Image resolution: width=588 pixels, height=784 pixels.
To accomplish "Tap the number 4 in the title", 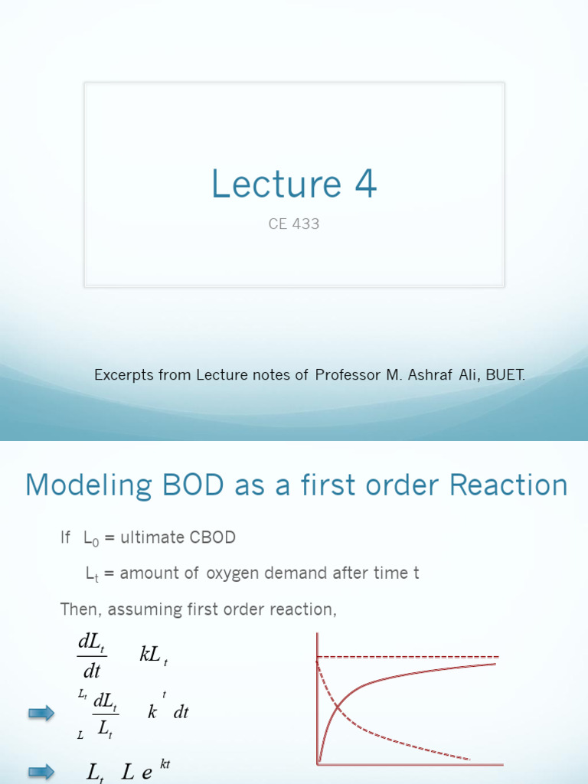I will [x=364, y=185].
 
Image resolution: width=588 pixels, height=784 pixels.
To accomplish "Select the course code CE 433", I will [x=294, y=225].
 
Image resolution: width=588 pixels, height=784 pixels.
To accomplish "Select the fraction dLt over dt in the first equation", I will [x=92, y=656].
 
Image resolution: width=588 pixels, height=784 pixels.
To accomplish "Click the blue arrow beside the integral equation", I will [x=41, y=714].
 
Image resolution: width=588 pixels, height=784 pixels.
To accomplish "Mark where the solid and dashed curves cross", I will [x=338, y=706].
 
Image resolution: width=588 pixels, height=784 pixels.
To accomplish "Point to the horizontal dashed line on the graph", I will [x=413, y=657].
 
